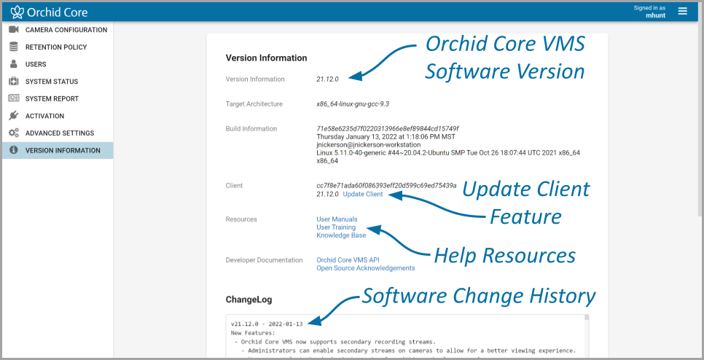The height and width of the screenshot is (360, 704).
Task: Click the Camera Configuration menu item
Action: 66,30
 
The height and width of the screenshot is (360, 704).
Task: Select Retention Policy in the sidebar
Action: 55,47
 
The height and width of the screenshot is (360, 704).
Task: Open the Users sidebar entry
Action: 36,64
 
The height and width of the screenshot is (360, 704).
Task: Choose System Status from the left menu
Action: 51,82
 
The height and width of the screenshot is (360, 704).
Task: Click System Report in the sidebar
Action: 52,98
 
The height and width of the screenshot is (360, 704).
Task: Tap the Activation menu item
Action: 44,116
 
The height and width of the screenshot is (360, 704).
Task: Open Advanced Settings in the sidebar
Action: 59,133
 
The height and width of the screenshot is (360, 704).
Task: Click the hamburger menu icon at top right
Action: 683,11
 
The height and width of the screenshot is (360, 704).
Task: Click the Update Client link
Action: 362,195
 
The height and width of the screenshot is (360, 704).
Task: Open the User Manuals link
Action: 337,219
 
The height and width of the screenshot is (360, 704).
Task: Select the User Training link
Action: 336,227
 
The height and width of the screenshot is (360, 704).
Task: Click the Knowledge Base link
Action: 341,235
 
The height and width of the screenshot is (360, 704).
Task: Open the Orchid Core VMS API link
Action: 348,260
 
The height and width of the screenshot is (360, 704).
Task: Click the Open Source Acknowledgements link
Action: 365,268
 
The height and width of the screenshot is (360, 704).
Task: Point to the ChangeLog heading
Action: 249,300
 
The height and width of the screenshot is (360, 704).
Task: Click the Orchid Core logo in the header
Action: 48,12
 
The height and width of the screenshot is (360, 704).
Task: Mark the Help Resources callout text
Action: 504,256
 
